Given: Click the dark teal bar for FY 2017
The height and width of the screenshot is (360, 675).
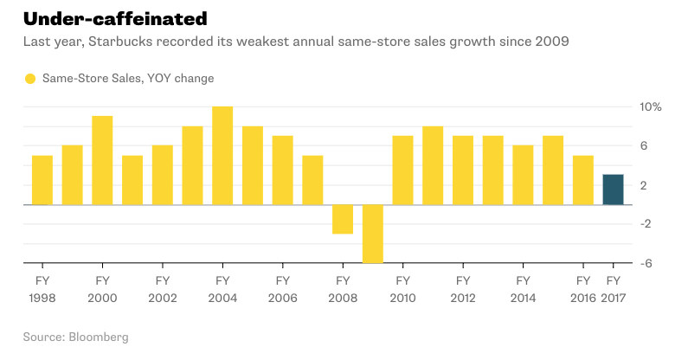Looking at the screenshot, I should click(613, 190).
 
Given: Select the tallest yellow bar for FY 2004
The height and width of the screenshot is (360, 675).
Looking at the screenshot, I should click(222, 156).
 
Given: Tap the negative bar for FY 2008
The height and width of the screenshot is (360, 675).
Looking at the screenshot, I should click(343, 219).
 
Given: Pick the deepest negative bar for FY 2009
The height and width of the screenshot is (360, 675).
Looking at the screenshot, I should click(373, 234).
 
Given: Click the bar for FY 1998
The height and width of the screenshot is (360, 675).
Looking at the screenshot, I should click(42, 180).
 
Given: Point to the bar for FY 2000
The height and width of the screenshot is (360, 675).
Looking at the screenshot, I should click(102, 160).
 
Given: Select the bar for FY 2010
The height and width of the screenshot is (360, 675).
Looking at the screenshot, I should click(402, 170).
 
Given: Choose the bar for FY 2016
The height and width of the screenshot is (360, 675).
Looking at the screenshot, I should click(583, 180).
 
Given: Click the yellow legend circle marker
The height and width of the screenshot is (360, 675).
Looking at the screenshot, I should click(30, 79).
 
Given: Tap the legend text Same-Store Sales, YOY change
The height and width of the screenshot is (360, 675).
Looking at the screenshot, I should click(128, 79).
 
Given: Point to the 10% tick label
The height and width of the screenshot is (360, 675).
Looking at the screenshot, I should click(651, 106).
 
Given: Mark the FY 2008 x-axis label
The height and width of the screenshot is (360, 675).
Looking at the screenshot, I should click(343, 288).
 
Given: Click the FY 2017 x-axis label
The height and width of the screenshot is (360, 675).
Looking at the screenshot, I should click(613, 288).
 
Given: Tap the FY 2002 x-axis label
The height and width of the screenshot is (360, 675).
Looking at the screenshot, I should click(163, 288).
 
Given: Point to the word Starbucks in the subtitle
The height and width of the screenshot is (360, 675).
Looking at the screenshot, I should click(118, 41).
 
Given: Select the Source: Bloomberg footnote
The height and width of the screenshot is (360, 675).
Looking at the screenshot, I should click(76, 335).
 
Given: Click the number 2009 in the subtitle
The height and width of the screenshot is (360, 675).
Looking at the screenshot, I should click(551, 41).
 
